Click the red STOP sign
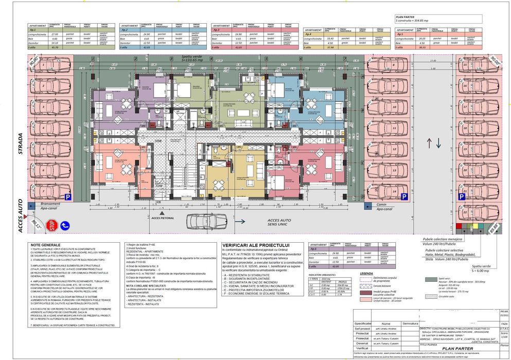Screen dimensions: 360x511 click(x=51, y=225)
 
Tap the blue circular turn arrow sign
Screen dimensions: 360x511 click(x=65, y=225)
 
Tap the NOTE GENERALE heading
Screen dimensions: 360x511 click(x=46, y=245)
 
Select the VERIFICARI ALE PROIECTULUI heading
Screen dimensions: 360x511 click(x=256, y=245)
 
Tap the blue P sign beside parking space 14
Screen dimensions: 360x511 click(x=67, y=196)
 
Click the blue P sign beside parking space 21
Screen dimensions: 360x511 click(x=404, y=196)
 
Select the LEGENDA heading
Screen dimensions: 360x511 click(x=366, y=274)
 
